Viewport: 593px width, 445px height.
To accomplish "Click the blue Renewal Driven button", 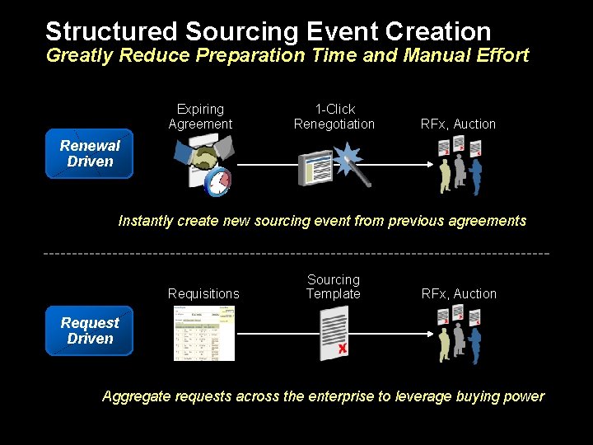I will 89,154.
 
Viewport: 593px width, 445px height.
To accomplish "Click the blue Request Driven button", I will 89,331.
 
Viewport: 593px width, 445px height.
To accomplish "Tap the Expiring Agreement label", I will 200,117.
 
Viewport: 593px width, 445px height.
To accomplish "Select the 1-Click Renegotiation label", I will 334,117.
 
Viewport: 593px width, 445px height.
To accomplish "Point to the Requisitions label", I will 203,294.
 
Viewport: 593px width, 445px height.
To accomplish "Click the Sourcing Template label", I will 334,287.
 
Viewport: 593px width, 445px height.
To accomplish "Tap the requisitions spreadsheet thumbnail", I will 204,334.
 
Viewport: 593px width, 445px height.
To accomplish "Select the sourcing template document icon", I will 334,333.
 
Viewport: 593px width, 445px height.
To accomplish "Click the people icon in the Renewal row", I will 459,165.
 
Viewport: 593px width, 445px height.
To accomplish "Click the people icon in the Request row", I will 459,334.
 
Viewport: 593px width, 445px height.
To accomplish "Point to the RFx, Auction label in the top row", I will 458,124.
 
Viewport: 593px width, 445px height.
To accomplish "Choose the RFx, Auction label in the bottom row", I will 459,294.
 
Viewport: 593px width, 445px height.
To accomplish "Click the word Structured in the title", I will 111,32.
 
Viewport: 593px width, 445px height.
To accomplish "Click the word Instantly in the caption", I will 146,221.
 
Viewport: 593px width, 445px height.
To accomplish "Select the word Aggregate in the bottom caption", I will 133,396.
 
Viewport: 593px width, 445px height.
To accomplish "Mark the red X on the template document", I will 342,349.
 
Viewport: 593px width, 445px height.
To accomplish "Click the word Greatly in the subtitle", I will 80,56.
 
